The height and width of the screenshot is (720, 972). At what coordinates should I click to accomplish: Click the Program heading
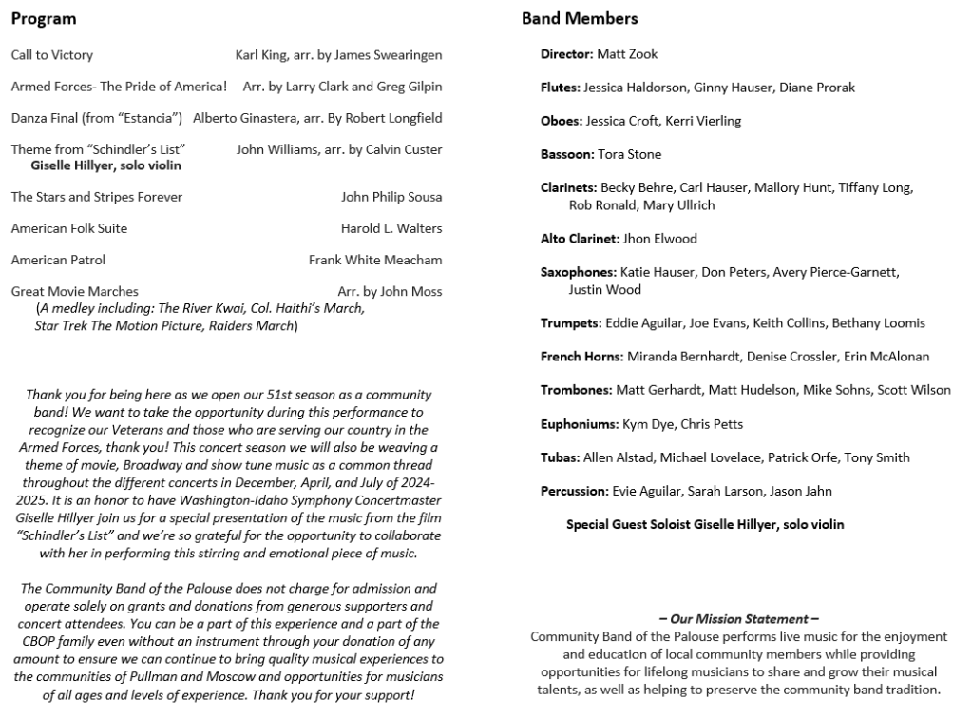tap(44, 19)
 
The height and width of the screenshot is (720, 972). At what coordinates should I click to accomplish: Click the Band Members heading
tap(580, 19)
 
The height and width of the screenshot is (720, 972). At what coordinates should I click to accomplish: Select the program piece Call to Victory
tap(52, 55)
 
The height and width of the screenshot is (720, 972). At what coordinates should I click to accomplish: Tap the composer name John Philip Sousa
tap(391, 197)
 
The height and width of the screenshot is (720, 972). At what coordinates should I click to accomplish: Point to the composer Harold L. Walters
tap(391, 228)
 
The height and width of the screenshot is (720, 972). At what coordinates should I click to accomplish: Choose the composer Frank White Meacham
tap(375, 260)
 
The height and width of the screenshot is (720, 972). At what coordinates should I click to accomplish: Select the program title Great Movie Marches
tap(74, 291)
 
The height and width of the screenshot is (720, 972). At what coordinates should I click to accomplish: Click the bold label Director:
tap(566, 54)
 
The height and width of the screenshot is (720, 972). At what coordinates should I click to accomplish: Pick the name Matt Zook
tap(627, 54)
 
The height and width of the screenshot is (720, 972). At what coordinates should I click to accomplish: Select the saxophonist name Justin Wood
tap(604, 290)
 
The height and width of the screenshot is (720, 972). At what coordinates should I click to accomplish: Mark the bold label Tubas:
tap(560, 457)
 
